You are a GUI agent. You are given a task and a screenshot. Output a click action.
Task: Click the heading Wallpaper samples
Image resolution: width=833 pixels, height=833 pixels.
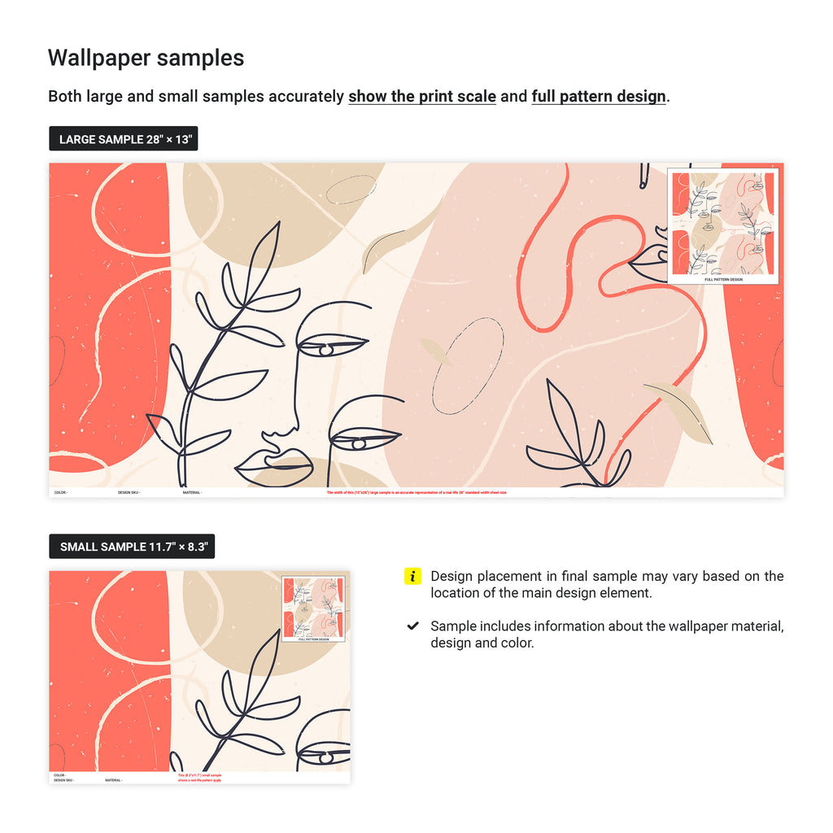click(x=146, y=58)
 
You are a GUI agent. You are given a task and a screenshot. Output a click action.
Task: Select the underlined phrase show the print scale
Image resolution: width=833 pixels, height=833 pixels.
click(x=422, y=96)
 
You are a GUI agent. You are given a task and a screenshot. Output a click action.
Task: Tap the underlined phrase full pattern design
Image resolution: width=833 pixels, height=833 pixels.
click(x=599, y=96)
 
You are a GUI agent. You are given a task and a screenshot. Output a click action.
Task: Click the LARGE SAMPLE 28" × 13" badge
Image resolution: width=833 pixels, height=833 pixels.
click(x=124, y=139)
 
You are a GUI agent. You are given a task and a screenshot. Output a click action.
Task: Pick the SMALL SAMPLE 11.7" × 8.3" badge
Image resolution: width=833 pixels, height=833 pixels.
click(x=132, y=547)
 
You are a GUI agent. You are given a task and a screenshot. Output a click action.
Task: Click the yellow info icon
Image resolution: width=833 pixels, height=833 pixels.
click(x=412, y=577)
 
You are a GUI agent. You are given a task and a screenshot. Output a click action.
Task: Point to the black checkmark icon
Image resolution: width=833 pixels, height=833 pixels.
click(x=413, y=626)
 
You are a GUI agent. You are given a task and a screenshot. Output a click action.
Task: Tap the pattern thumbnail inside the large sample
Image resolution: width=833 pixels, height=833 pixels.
click(x=723, y=226)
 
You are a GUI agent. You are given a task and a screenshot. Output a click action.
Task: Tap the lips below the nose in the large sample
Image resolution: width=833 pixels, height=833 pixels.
click(x=275, y=465)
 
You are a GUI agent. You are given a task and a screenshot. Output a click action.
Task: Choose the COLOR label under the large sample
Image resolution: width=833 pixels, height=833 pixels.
click(x=60, y=492)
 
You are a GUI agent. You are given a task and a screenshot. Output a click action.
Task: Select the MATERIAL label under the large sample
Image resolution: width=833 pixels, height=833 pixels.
click(x=192, y=492)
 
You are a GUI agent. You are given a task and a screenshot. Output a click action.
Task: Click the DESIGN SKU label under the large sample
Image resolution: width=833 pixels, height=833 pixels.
click(x=129, y=492)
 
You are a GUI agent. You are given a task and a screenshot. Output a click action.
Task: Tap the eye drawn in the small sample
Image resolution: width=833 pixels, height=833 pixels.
click(x=325, y=757)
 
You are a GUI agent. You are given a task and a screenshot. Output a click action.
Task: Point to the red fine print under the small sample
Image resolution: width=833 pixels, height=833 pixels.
click(x=199, y=778)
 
